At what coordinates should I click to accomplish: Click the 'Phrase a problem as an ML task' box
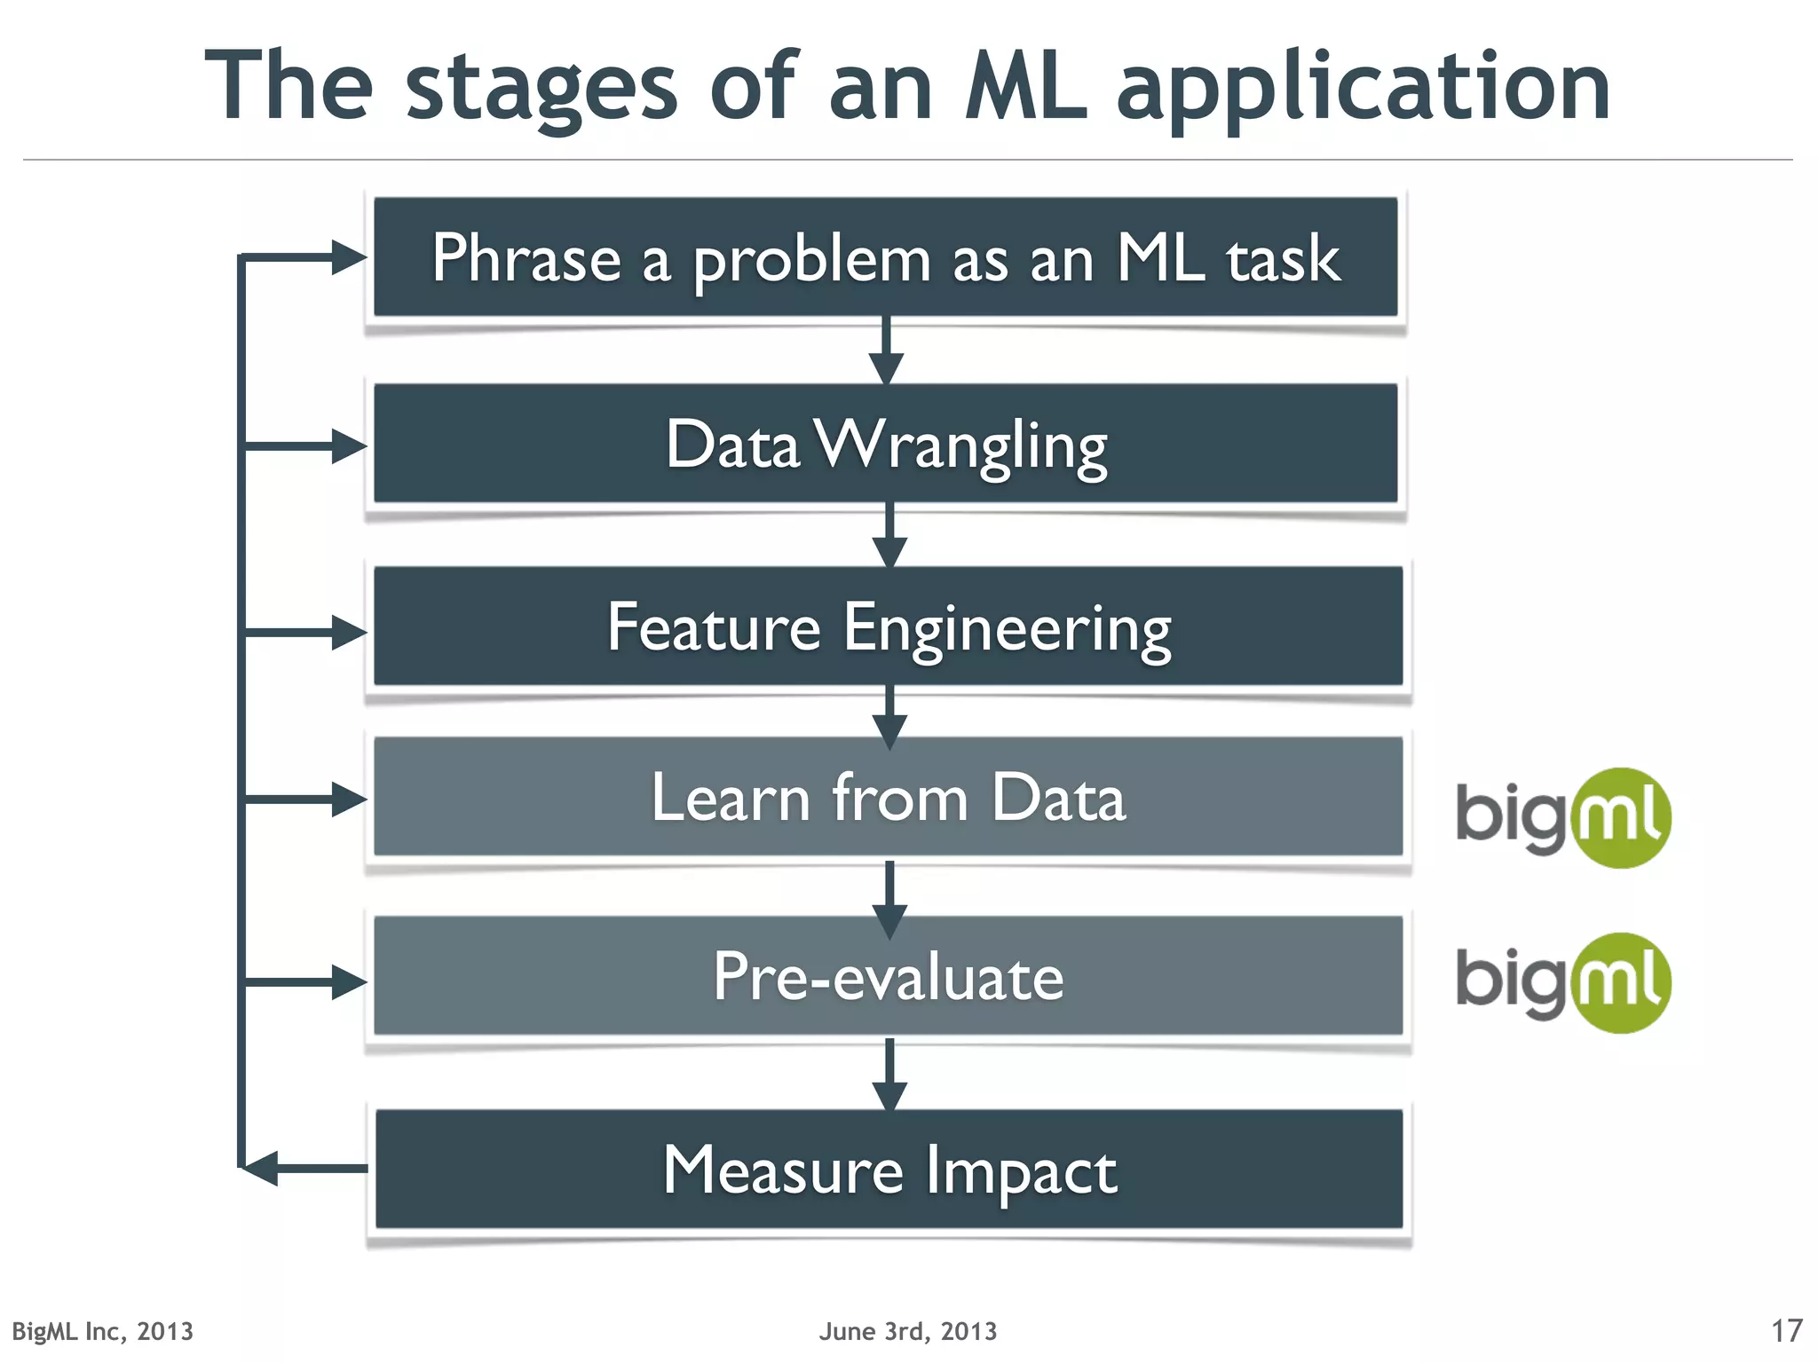(885, 257)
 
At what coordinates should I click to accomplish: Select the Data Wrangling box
(885, 444)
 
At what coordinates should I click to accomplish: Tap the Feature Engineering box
(888, 626)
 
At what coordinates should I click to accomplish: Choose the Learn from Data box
(888, 797)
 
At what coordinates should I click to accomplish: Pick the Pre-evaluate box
(888, 976)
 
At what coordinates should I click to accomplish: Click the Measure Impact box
(888, 1170)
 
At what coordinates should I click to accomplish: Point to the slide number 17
(1786, 1330)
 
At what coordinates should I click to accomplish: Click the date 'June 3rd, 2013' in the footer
(907, 1331)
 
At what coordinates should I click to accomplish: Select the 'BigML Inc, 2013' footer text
(102, 1331)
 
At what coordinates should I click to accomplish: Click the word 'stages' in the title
(541, 87)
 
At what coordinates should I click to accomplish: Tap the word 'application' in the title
(1363, 87)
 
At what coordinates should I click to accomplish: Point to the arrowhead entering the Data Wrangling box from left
(348, 445)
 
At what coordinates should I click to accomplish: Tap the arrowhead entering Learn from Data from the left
(348, 800)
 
